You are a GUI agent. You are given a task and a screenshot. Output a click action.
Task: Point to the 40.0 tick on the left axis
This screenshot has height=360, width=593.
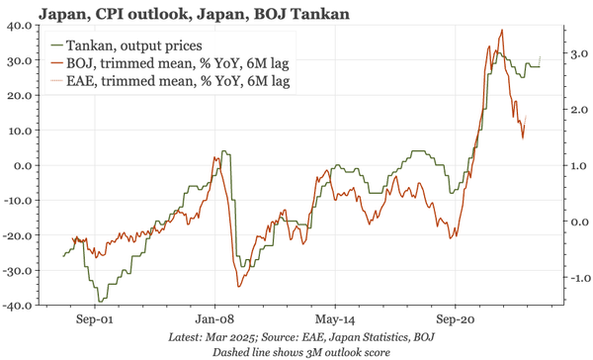point(19,26)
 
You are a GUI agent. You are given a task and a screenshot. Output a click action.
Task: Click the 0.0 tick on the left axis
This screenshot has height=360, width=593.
point(22,165)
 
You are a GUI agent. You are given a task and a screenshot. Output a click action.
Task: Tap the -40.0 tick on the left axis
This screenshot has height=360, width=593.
point(17,306)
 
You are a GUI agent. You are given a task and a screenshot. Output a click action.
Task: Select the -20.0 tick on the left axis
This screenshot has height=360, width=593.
point(17,235)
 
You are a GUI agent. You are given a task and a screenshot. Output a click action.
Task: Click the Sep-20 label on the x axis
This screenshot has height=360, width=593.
point(455,320)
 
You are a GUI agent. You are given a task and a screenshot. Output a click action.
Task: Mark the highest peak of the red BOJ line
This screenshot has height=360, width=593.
point(502,31)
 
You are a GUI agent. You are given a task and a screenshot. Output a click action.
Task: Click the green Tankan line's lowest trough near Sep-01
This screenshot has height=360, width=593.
point(99,301)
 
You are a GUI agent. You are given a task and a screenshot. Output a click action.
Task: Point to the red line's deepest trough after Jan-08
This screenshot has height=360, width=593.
point(238,286)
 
